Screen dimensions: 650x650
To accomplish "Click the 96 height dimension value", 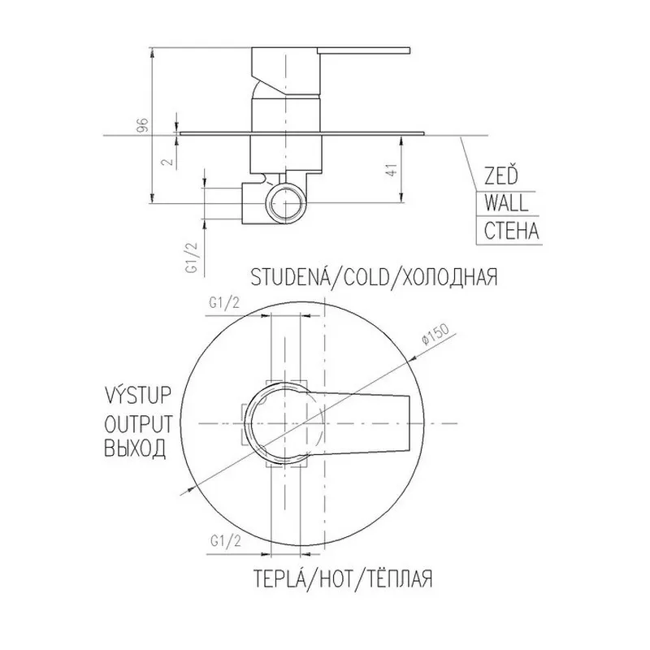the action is [x=143, y=125].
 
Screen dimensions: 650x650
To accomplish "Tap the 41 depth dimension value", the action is [x=392, y=171].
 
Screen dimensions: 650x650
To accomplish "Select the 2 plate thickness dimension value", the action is [x=168, y=161].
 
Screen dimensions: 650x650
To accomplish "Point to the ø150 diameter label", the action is [x=435, y=334].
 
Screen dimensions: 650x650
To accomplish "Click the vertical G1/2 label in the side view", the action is [x=193, y=258].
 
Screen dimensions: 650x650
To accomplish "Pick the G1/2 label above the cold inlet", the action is [x=224, y=303].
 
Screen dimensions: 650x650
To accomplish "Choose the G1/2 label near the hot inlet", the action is [x=226, y=541].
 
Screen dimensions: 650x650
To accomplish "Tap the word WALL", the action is [x=506, y=203].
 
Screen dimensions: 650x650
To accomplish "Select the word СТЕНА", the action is [x=512, y=231].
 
